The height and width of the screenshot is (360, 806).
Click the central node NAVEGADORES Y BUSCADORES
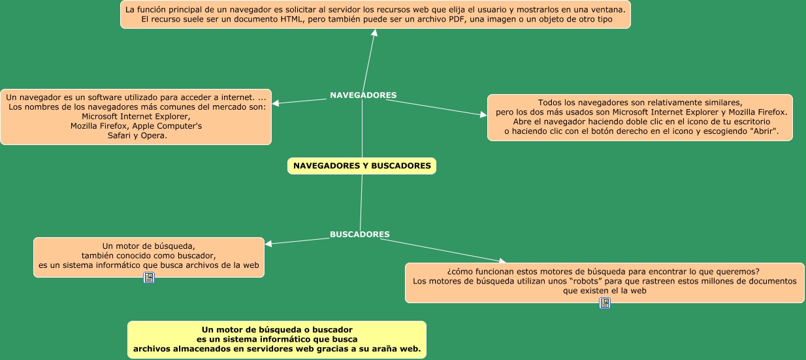(x=362, y=166)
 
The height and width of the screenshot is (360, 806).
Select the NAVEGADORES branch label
(x=363, y=95)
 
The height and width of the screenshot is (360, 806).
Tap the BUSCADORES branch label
(x=360, y=235)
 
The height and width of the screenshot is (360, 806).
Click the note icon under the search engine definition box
(x=149, y=278)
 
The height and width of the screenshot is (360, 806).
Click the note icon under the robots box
(x=605, y=303)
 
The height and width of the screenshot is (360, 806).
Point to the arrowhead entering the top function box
(x=375, y=33)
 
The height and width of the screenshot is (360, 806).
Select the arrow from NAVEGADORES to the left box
(x=300, y=101)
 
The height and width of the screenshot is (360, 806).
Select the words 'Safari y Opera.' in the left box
(x=137, y=136)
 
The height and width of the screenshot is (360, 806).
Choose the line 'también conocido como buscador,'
(x=148, y=255)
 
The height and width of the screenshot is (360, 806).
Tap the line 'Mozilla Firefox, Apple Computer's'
(x=136, y=126)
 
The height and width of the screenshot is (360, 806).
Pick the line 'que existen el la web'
(x=604, y=291)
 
